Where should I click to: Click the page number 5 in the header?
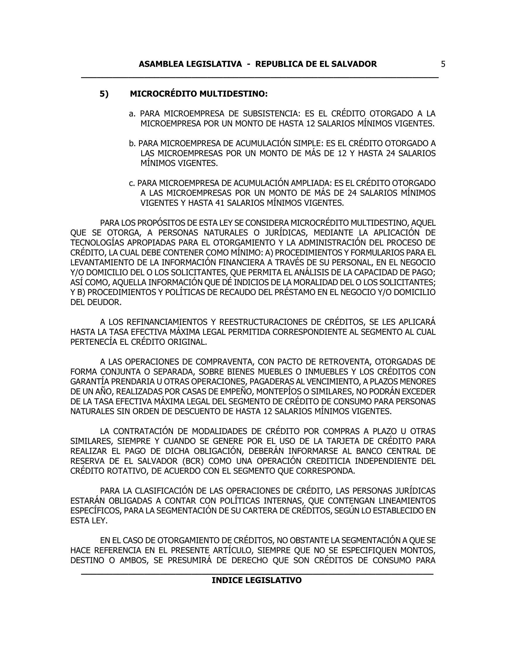(x=443, y=64)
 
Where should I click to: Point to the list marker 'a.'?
(x=132, y=114)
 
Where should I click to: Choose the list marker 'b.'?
(x=132, y=144)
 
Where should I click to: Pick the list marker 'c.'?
(x=132, y=183)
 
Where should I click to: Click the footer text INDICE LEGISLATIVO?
(x=257, y=581)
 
